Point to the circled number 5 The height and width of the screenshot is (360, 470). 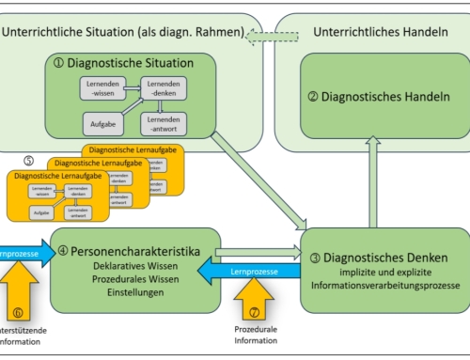29,161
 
